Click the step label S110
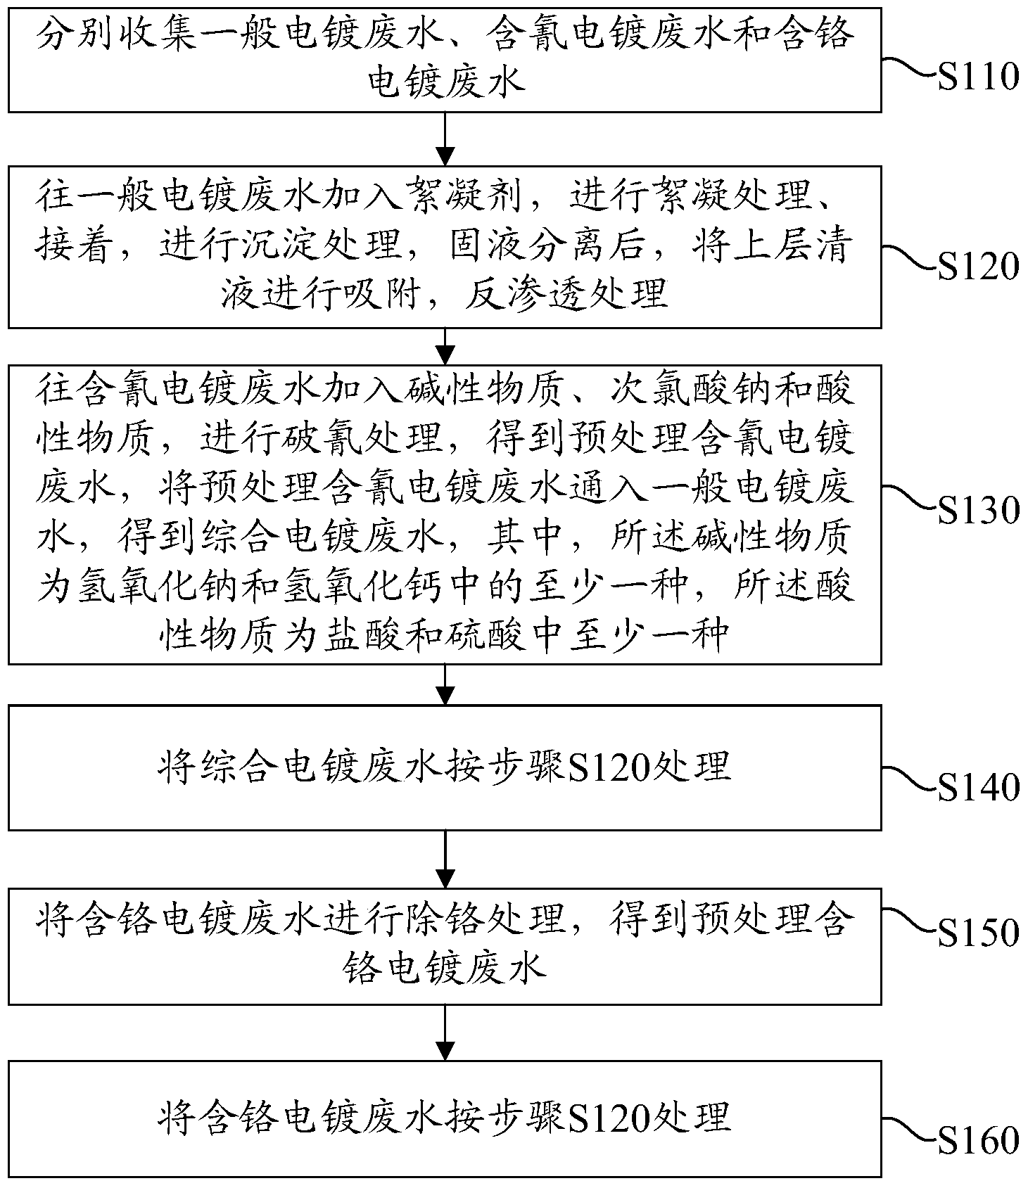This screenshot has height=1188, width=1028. (979, 77)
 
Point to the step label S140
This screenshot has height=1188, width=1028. (979, 788)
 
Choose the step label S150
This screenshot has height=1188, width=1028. (979, 933)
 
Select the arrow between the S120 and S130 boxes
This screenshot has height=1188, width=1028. (445, 346)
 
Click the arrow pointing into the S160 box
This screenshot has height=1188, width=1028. (445, 1033)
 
